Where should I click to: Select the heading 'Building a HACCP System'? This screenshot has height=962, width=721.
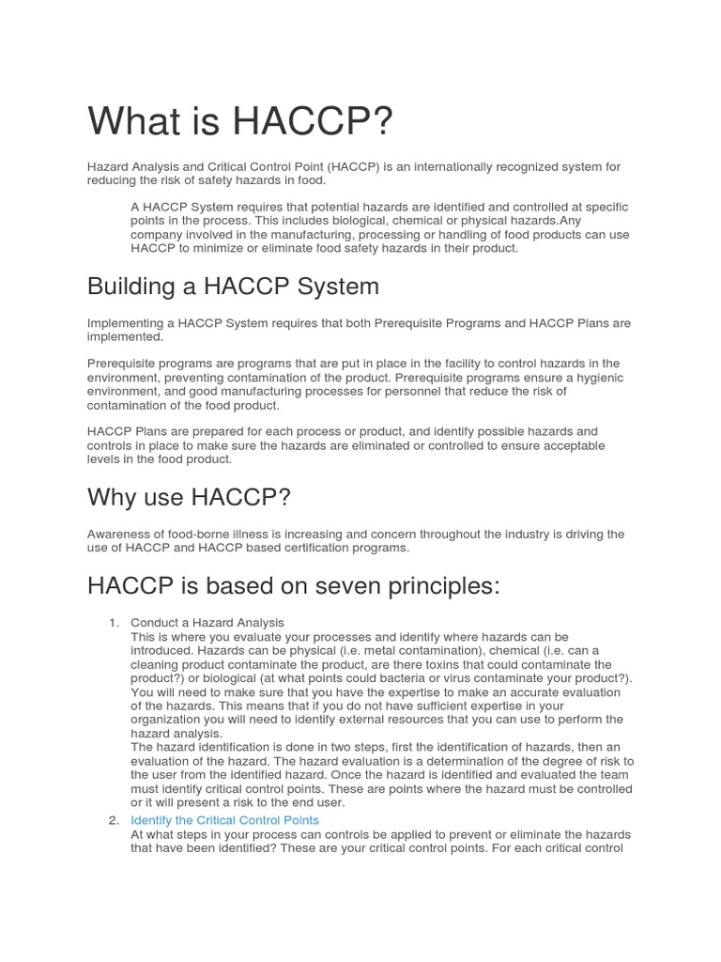click(x=233, y=286)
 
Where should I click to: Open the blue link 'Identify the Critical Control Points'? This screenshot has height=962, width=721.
click(x=224, y=820)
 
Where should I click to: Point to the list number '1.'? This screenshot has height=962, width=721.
click(x=114, y=623)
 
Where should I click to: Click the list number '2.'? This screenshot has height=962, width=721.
click(x=114, y=820)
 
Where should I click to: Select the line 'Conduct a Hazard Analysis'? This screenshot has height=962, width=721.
click(x=207, y=623)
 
